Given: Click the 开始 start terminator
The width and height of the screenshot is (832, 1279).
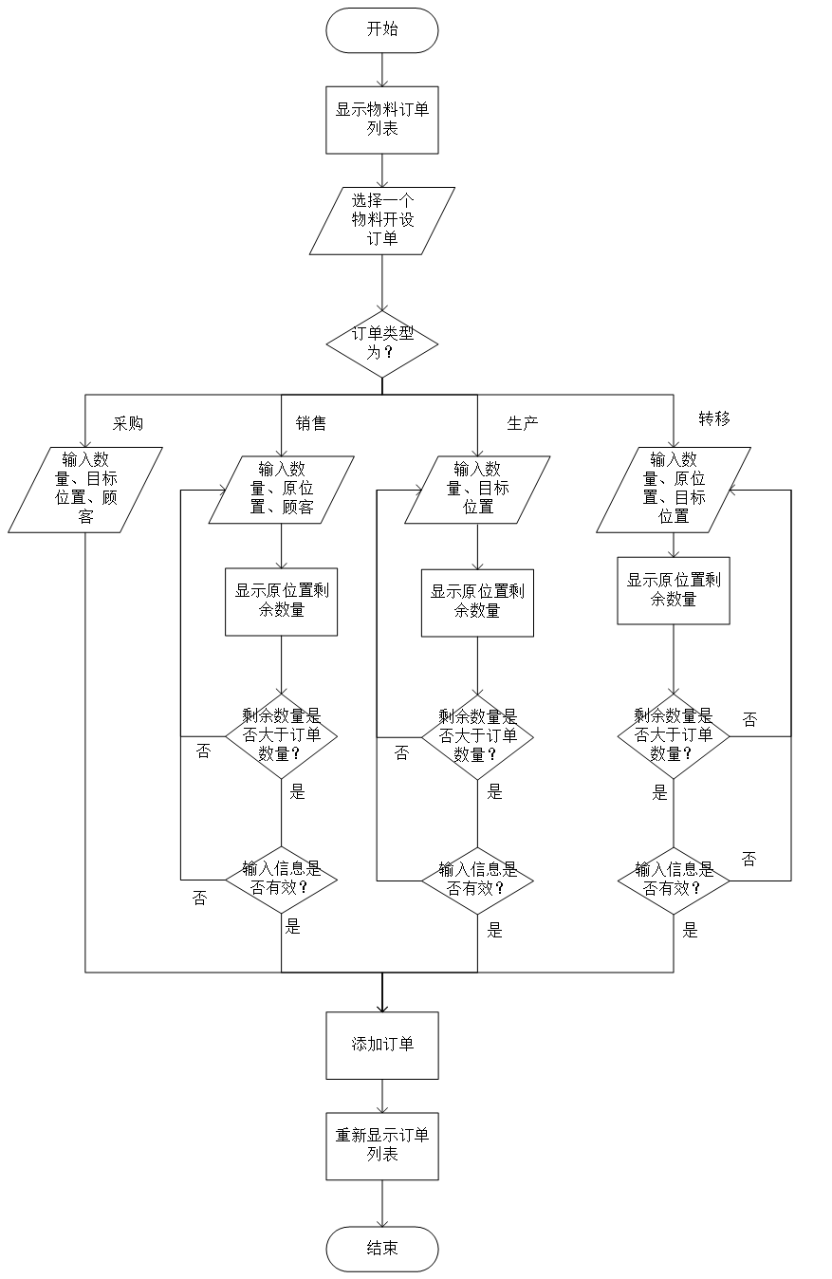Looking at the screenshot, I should (381, 30).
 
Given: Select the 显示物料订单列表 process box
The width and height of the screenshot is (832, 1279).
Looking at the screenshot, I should (381, 120).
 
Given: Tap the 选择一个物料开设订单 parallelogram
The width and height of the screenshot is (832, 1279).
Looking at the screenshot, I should (381, 220).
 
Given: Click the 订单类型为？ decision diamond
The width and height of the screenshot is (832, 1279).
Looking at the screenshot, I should (381, 343).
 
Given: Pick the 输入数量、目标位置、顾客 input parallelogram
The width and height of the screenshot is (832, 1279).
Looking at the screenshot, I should (85, 490).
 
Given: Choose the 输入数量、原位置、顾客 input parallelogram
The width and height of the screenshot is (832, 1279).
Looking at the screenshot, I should (281, 490).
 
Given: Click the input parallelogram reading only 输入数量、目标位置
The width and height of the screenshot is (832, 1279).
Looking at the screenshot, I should (477, 490).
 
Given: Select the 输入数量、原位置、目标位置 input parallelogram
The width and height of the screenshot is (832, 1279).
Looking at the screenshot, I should (674, 490).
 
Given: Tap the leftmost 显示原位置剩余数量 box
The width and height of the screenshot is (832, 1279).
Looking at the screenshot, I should (281, 602).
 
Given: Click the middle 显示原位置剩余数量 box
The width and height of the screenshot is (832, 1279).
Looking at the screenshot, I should (477, 602).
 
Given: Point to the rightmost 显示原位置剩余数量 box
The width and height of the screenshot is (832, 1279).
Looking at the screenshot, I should (674, 590).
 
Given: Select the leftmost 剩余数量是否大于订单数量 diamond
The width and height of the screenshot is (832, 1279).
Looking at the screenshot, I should (281, 736).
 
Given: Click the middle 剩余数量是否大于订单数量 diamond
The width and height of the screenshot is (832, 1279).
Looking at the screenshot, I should (477, 737).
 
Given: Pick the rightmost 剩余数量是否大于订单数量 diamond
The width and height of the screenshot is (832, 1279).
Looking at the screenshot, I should (674, 736).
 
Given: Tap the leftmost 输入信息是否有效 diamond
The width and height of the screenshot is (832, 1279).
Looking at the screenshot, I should (281, 880).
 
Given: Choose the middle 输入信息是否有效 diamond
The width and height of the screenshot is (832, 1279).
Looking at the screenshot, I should (477, 880).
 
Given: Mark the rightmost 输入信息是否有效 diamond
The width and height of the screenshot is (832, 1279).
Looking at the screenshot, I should (674, 880).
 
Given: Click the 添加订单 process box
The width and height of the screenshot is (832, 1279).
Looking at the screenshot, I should (382, 1046).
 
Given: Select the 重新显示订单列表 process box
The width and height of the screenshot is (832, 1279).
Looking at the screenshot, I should (382, 1146).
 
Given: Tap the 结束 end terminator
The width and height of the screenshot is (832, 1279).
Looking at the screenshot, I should (382, 1249).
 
